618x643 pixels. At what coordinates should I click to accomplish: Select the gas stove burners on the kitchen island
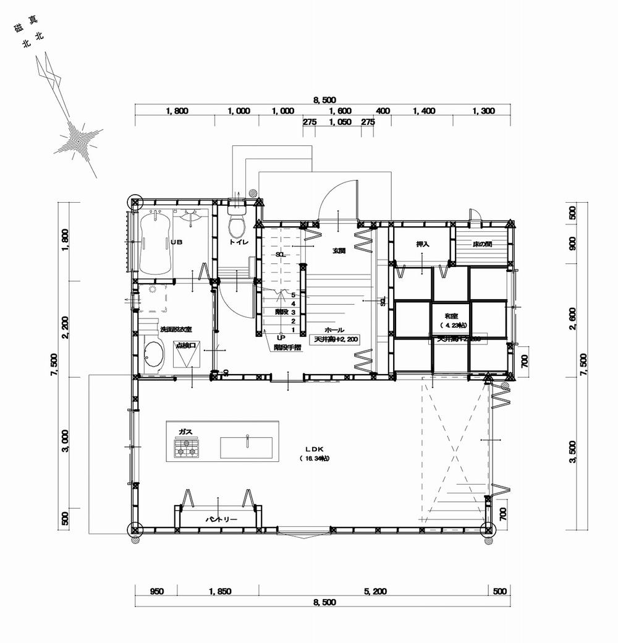[x=187, y=448]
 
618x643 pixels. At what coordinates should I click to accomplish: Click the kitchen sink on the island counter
[x=246, y=447]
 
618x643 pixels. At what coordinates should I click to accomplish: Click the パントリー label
[x=218, y=519]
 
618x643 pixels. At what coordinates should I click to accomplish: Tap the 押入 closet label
[x=423, y=245]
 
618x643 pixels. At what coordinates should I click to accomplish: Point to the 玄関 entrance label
[x=339, y=250]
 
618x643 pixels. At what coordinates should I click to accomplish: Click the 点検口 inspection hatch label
[x=187, y=346]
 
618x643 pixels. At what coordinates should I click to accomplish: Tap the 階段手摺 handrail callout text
[x=288, y=347]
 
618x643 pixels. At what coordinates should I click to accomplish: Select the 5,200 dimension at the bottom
[x=375, y=592]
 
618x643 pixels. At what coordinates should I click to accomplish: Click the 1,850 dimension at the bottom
[x=219, y=592]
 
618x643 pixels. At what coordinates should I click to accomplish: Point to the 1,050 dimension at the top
[x=340, y=122]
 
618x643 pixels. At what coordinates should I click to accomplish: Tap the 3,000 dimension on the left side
[x=66, y=445]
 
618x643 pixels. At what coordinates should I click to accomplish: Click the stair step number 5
[x=293, y=295]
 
